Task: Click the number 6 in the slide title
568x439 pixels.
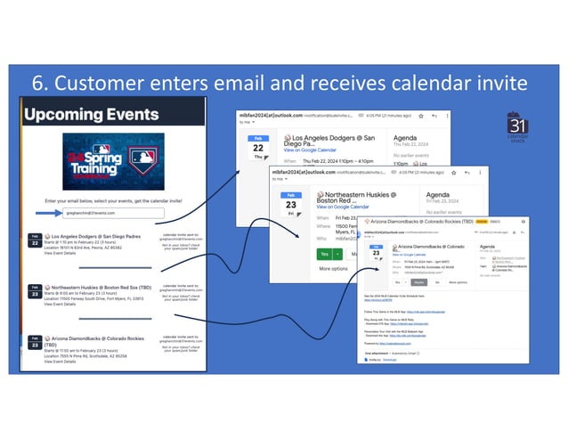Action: pyautogui.click(x=39, y=83)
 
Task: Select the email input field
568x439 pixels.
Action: pyautogui.click(x=113, y=214)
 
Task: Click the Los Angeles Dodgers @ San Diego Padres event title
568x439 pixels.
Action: pyautogui.click(x=96, y=236)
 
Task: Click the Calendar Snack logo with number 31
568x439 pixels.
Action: pyautogui.click(x=518, y=129)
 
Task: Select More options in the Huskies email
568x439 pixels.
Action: pyautogui.click(x=334, y=268)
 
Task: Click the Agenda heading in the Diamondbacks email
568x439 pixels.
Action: pyautogui.click(x=491, y=246)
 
